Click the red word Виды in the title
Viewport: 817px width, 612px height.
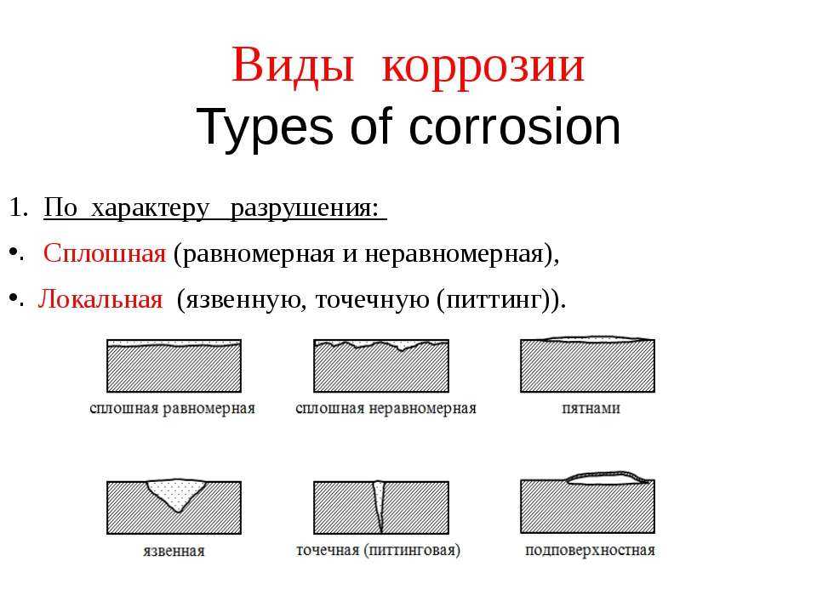293,66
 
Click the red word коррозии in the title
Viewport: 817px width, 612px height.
483,69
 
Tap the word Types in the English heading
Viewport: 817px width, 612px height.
264,128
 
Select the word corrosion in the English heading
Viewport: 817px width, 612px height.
515,127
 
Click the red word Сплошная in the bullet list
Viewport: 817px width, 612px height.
105,253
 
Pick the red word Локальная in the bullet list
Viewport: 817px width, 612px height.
100,299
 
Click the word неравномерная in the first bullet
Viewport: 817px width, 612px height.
454,254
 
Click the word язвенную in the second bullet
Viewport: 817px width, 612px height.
242,300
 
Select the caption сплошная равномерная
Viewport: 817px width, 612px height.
172,409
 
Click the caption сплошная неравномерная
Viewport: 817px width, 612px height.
386,409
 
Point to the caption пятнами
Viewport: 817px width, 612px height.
591,408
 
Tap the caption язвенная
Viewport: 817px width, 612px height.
174,551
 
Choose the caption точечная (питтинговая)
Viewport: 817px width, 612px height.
378,551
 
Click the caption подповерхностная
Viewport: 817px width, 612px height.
590,551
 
